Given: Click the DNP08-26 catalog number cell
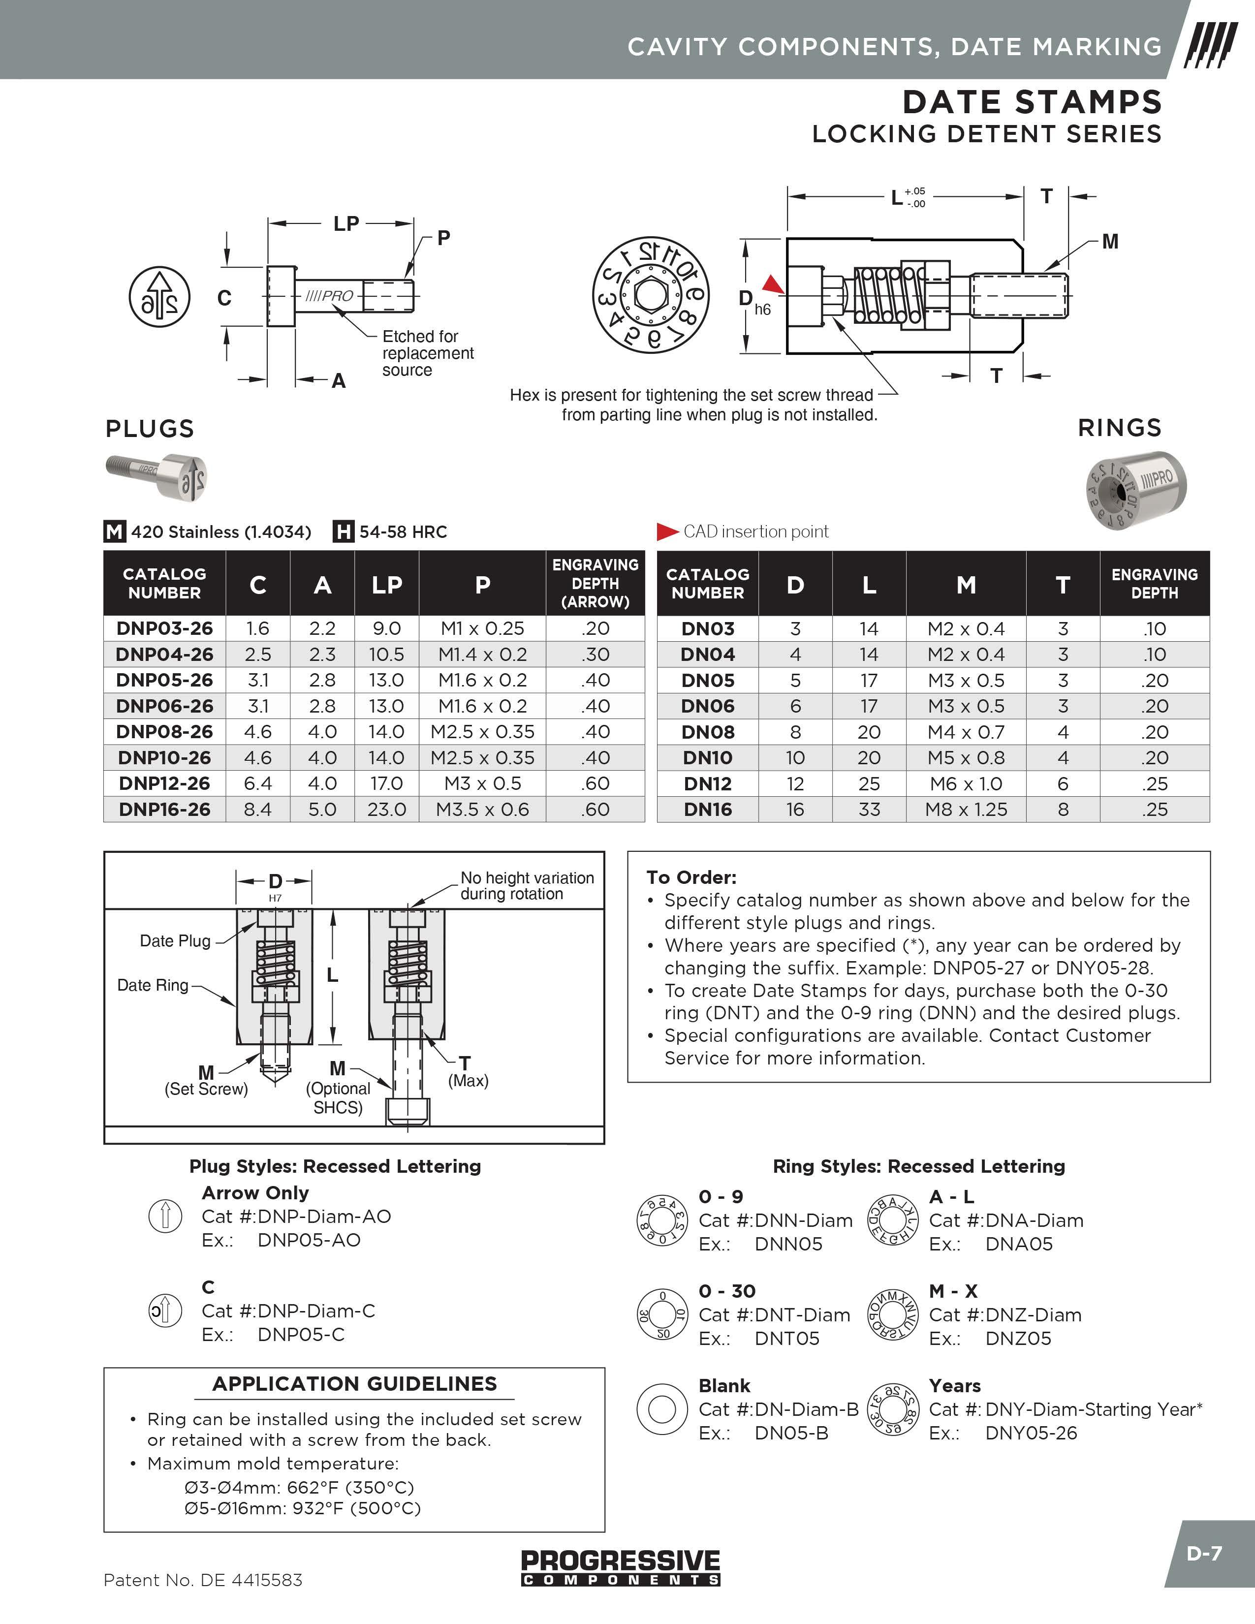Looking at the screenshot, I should click(164, 732).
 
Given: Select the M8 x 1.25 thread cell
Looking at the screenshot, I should click(966, 809).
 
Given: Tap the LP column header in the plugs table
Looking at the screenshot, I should click(387, 585).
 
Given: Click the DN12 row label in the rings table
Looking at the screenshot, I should click(707, 784).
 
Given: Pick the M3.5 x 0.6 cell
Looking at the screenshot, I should click(482, 809).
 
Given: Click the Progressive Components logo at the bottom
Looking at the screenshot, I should click(620, 1567).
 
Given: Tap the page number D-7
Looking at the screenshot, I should click(1204, 1553).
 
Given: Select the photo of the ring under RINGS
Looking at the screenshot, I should click(1135, 489).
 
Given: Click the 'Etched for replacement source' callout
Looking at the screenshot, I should click(428, 353).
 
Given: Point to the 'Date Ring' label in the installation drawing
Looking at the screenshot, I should click(153, 985).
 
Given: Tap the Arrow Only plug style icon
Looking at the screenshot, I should click(165, 1217).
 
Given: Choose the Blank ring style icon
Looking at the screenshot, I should click(661, 1409).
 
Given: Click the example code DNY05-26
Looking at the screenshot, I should click(1031, 1433).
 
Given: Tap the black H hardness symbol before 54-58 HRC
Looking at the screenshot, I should click(343, 531).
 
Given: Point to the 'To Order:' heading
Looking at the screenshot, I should click(691, 877).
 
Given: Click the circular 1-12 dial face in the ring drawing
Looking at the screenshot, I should click(651, 296).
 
